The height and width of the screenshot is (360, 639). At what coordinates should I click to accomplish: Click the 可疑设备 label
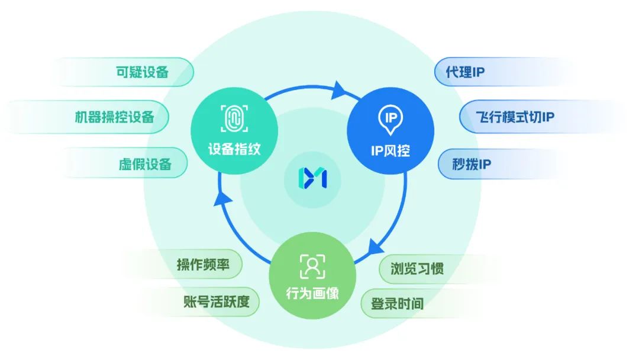click(142, 72)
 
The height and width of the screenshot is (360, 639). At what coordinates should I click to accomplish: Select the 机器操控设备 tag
click(114, 117)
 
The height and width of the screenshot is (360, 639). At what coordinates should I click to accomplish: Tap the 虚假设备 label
click(145, 164)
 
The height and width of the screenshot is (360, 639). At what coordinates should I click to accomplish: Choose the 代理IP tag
click(465, 72)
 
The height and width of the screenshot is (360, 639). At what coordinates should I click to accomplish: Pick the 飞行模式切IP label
click(515, 116)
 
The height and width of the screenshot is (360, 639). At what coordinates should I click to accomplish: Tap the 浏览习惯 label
click(417, 268)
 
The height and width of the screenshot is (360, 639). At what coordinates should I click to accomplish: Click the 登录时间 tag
click(397, 304)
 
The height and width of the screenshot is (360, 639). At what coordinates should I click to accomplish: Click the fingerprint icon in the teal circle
click(234, 118)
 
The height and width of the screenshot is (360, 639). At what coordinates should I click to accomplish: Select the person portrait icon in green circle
click(312, 266)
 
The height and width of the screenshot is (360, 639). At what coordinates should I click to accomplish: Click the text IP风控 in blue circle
click(390, 150)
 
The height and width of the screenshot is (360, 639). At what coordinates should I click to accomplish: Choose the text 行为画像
click(312, 293)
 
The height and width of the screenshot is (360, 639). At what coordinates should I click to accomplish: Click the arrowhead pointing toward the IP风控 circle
click(339, 90)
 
